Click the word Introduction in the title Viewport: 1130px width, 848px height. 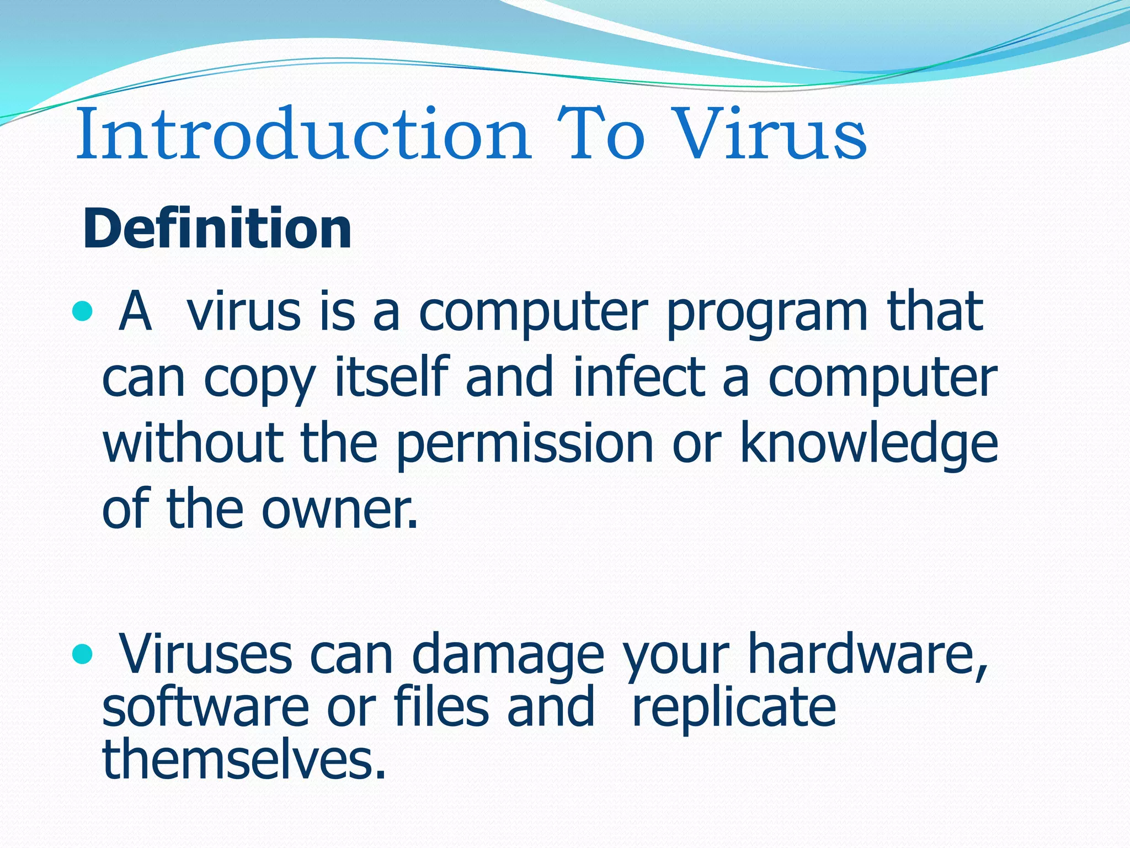coord(303,135)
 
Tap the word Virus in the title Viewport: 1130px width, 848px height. coord(771,135)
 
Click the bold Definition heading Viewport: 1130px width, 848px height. coord(217,229)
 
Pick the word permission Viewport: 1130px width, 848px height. coord(524,444)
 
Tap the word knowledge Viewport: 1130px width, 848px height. coord(868,444)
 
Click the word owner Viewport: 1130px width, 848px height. coord(338,509)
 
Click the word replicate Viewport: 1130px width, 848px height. coord(734,709)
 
